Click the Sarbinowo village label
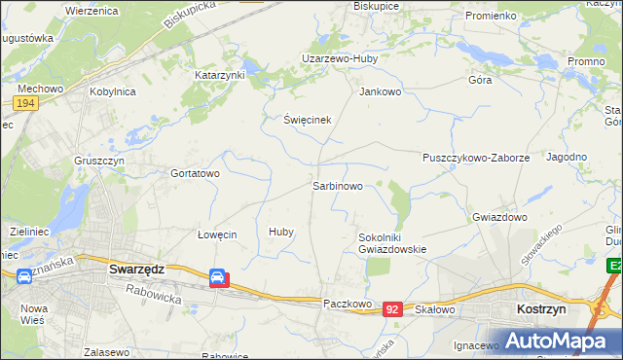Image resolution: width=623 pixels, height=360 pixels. click(x=338, y=185)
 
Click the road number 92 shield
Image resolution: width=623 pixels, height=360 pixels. click(x=392, y=308)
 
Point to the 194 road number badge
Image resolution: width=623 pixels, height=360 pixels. click(x=25, y=103)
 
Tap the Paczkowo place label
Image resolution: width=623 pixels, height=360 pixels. click(x=348, y=304)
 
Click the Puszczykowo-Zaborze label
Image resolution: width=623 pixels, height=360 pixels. click(x=476, y=158)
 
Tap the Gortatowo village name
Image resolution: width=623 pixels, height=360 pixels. click(x=196, y=173)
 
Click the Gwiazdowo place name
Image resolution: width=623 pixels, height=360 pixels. click(x=499, y=217)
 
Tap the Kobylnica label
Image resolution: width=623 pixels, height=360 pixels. click(x=113, y=91)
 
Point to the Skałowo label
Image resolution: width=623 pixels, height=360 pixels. click(x=435, y=309)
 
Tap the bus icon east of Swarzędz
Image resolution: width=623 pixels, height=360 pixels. click(x=219, y=279)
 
